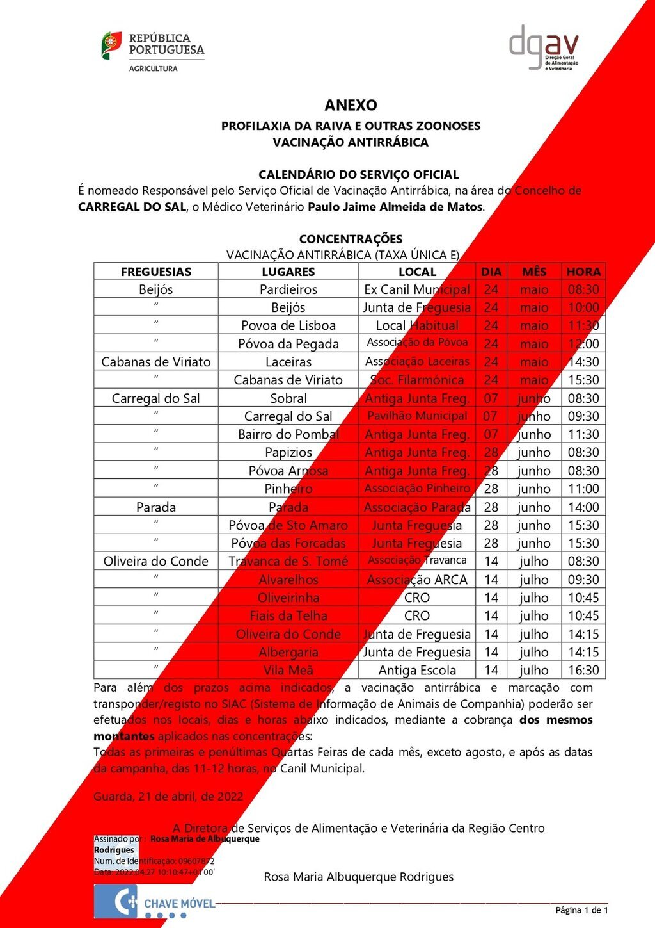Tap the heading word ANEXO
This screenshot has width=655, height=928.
coord(351,105)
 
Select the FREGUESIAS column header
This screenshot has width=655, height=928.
coord(156,272)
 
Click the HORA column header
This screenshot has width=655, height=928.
coord(583,272)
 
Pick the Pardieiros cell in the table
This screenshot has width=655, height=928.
coord(288,289)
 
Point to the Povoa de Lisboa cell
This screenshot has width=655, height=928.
coord(288,325)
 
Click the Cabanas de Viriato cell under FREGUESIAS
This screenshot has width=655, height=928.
coord(156,362)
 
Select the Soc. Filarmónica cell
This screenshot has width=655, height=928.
coord(417,380)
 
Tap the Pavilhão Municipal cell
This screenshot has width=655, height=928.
coord(417,416)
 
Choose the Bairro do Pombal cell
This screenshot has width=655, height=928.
coord(288,434)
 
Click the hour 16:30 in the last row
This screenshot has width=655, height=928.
coord(583,671)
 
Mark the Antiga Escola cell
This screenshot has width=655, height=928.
coord(417,671)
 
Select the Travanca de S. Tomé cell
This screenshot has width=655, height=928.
coord(288,562)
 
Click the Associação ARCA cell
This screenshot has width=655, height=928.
coord(417,580)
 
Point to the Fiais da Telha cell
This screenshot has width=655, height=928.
coord(288,616)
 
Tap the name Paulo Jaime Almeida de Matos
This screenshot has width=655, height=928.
coord(395,207)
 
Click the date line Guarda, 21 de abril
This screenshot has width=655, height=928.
coord(168,797)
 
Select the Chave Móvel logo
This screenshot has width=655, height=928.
coord(155,902)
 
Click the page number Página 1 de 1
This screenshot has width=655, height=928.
coord(581,910)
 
